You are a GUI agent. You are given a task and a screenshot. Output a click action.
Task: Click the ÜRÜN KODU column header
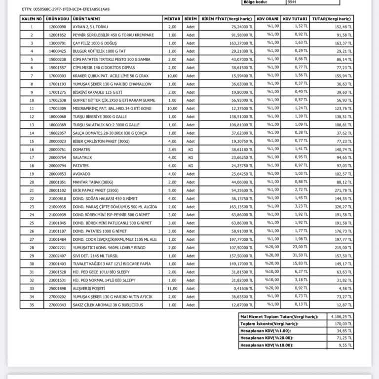tap(55, 19)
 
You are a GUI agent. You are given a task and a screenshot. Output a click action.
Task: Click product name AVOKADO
tap(81, 174)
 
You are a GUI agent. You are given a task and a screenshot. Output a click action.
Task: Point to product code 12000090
tap(55, 27)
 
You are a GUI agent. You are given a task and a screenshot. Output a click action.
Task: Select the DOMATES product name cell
tap(81, 149)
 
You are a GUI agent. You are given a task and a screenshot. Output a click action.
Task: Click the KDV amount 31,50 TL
tap(295, 255)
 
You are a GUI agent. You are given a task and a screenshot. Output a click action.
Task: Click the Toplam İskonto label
tap(269, 324)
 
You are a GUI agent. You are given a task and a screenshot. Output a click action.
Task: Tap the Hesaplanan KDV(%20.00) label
tap(266, 339)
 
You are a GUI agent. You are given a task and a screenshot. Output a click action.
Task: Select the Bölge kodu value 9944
tap(280, 2)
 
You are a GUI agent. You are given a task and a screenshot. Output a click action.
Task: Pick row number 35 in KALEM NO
tap(32, 304)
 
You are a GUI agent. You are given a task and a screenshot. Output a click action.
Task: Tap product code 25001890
tap(55, 288)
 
